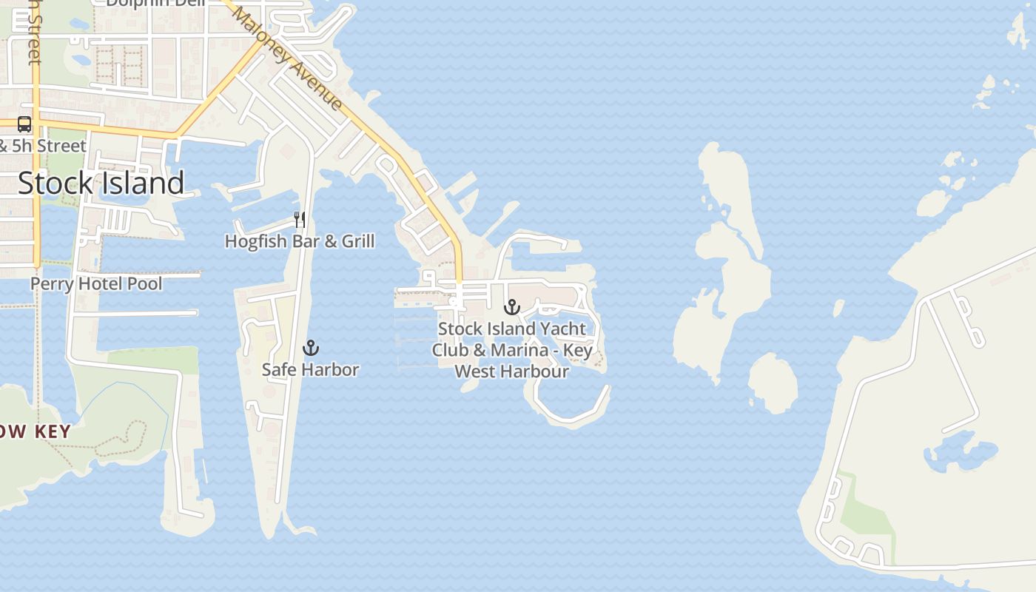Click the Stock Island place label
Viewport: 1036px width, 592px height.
click(x=101, y=183)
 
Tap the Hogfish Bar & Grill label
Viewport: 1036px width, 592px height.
click(x=299, y=241)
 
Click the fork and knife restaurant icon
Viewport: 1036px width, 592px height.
click(x=299, y=220)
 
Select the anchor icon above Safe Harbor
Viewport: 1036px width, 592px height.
click(x=311, y=348)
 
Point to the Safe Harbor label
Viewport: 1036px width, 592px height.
click(x=310, y=369)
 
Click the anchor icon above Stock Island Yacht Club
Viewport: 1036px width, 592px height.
click(x=511, y=307)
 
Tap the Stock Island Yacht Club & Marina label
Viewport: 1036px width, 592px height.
click(x=511, y=349)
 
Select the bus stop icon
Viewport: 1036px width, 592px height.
click(x=24, y=124)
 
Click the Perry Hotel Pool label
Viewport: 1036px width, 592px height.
click(x=96, y=283)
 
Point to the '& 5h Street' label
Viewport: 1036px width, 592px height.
click(x=43, y=146)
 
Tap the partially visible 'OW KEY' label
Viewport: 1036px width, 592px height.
click(x=36, y=432)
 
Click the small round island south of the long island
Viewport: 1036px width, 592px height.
click(x=773, y=382)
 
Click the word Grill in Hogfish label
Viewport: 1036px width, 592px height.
click(x=357, y=241)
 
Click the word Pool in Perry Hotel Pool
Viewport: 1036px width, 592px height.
click(x=144, y=283)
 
